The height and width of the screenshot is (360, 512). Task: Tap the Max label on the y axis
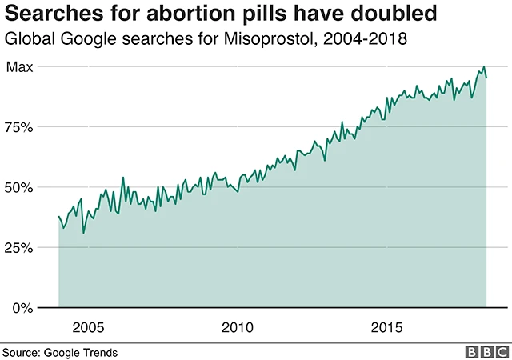click(19, 67)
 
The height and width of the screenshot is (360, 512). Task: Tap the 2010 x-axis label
click(238, 328)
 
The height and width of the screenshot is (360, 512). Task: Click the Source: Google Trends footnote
click(60, 351)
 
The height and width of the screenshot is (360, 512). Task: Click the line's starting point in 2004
click(58, 216)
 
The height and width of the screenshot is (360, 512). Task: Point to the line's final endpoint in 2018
click(487, 78)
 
